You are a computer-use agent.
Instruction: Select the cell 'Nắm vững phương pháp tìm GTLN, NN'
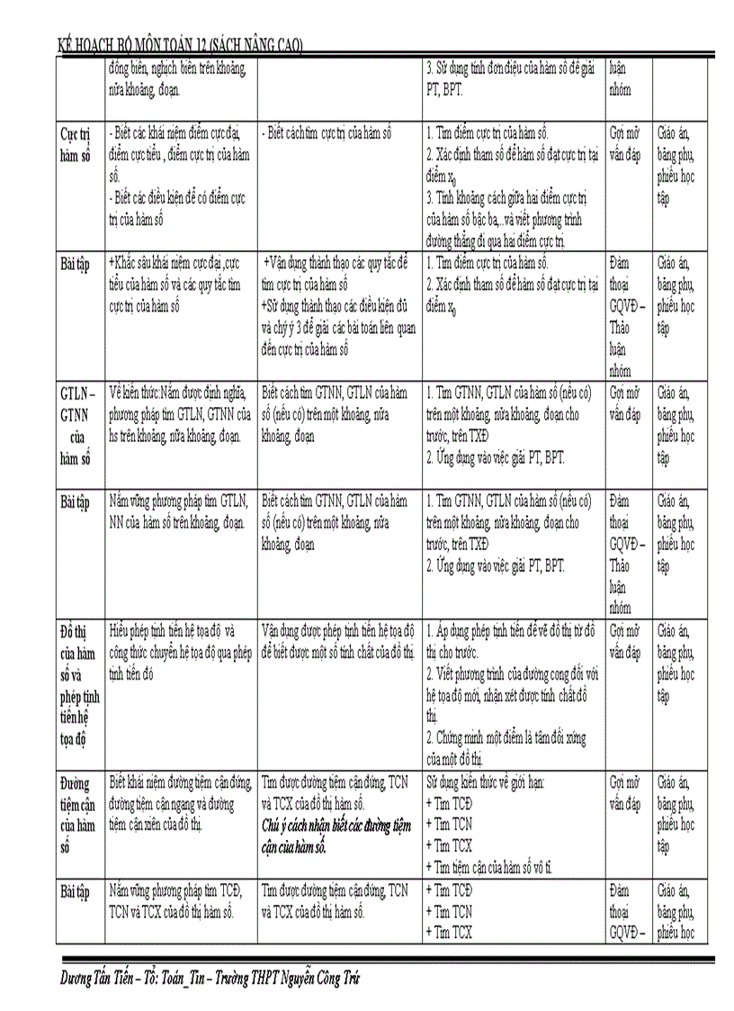click(177, 511)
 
